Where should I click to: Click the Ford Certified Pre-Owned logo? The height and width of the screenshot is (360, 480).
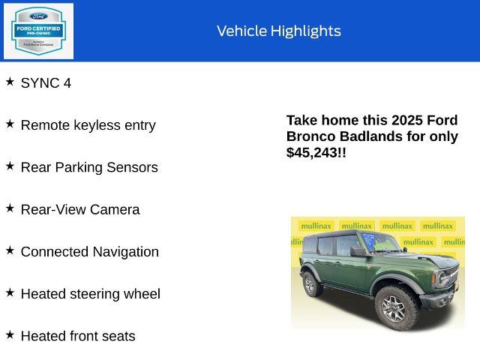click(39, 31)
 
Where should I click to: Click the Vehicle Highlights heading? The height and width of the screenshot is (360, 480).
click(278, 31)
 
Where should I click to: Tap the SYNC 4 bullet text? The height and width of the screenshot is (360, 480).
click(46, 83)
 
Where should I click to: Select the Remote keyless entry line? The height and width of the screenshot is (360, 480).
click(88, 125)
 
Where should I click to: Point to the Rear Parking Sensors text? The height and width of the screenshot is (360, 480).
click(89, 167)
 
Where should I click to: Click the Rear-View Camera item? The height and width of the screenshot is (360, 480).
click(80, 209)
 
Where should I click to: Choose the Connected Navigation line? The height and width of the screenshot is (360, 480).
click(89, 252)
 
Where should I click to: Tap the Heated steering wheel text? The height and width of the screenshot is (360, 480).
click(90, 294)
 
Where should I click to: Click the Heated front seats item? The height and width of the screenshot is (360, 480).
click(78, 336)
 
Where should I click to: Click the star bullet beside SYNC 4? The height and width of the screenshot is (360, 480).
click(10, 81)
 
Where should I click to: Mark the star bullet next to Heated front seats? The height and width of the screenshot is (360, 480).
click(10, 334)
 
